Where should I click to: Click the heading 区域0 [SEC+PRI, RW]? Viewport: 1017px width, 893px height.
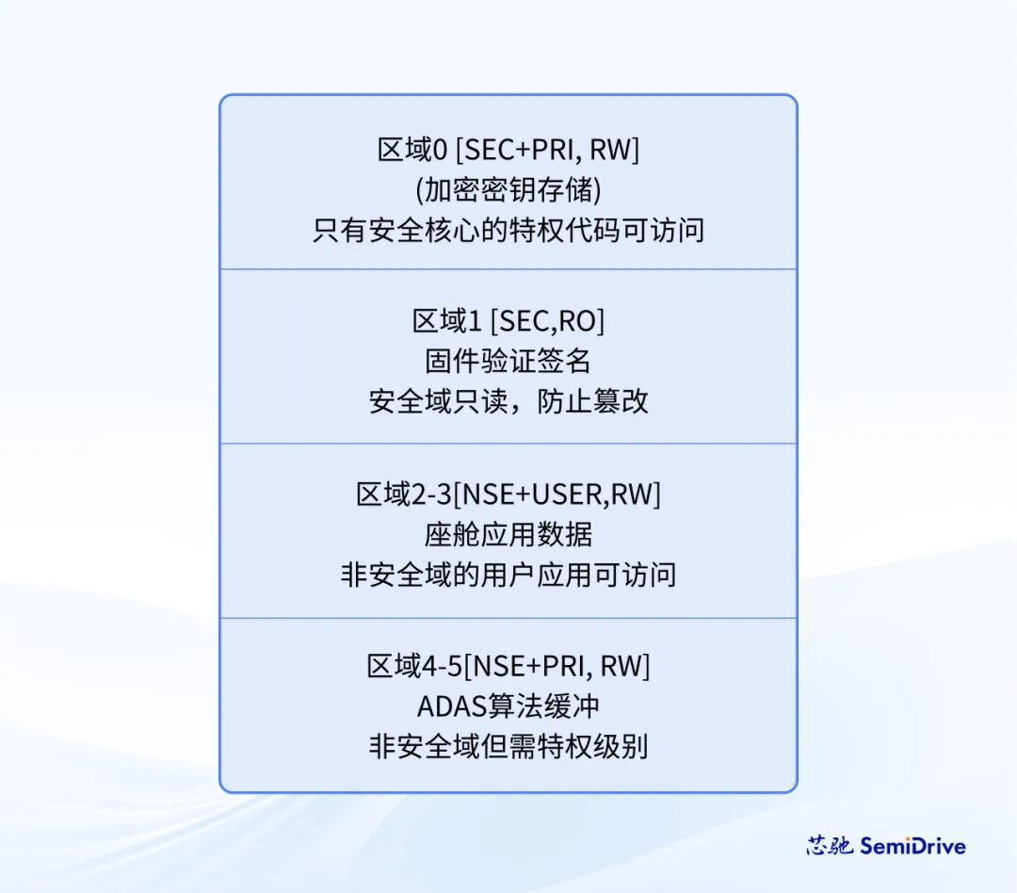(x=508, y=150)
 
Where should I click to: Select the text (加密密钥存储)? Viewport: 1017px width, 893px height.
(x=508, y=189)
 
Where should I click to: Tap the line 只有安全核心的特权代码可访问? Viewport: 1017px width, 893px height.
(x=508, y=230)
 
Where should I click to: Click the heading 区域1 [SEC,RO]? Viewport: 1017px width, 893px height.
(x=508, y=321)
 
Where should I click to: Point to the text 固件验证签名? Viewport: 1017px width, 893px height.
(x=508, y=362)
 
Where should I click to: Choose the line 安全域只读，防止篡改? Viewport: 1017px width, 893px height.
(x=508, y=401)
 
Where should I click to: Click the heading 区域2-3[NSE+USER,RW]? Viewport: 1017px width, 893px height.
(x=508, y=495)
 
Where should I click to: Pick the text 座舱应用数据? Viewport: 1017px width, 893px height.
(x=508, y=534)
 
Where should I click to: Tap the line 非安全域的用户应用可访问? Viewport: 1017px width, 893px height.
(x=508, y=575)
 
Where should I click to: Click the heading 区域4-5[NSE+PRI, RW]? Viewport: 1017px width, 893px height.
(x=508, y=667)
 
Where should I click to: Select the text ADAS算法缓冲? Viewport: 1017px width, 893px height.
(x=508, y=706)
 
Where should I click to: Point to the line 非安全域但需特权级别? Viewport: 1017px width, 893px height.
(x=508, y=747)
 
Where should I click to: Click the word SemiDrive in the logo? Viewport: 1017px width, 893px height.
(x=912, y=846)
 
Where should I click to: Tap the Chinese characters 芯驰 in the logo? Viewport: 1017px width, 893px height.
(x=830, y=846)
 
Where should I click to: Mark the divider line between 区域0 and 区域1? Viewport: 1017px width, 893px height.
(x=508, y=269)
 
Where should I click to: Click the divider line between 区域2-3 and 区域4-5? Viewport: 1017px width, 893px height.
(x=508, y=618)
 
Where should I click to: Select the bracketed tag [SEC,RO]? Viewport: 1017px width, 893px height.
(x=547, y=321)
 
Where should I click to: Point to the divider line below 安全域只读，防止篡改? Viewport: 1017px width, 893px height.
(x=508, y=444)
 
